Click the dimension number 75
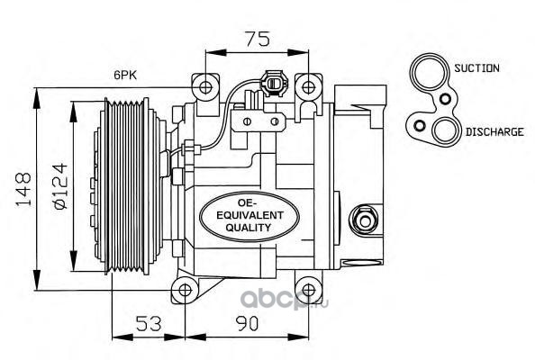pyautogui.click(x=258, y=39)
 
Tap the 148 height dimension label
pyautogui.click(x=24, y=190)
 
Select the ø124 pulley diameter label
pyautogui.click(x=59, y=185)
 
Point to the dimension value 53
pyautogui.click(x=149, y=323)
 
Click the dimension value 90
pyautogui.click(x=248, y=323)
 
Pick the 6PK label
pyautogui.click(x=125, y=75)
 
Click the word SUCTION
pyautogui.click(x=476, y=68)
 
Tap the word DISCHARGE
pyautogui.click(x=494, y=132)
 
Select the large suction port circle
pyautogui.click(x=429, y=72)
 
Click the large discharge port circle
pyautogui.click(x=445, y=131)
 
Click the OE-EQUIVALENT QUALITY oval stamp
pyautogui.click(x=249, y=216)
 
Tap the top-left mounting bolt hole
pyautogui.click(x=205, y=87)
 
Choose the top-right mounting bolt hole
pyautogui.click(x=308, y=87)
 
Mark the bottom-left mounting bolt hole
pyautogui.click(x=185, y=290)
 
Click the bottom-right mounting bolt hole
pyautogui.click(x=308, y=290)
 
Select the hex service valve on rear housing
pyautogui.click(x=364, y=220)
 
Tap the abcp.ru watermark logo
pyautogui.click(x=284, y=299)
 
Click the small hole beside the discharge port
pyautogui.click(x=420, y=126)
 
